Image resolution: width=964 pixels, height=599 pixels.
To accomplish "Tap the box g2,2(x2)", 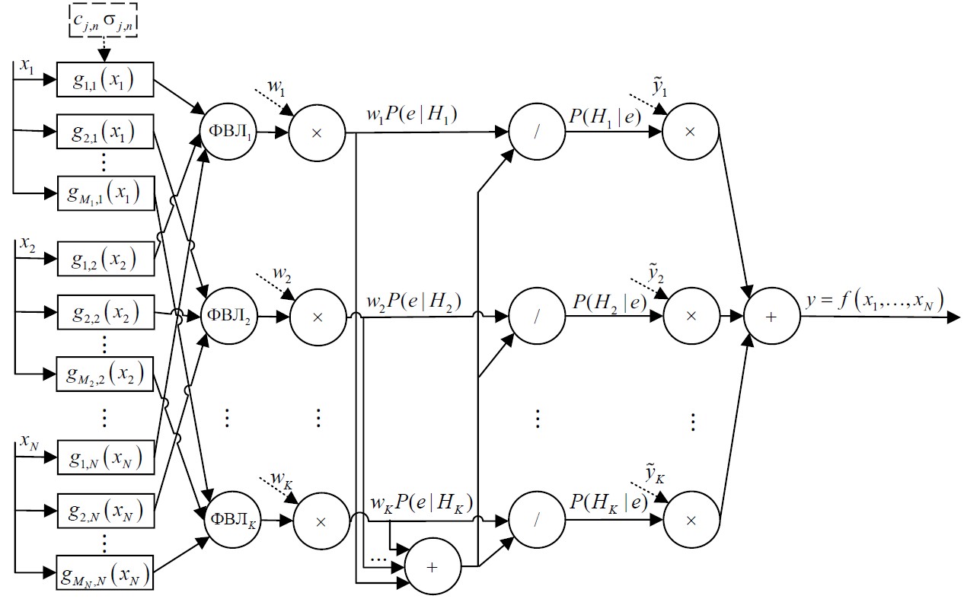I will (x=104, y=312).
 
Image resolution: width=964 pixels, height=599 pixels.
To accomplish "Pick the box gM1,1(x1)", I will (x=104, y=193).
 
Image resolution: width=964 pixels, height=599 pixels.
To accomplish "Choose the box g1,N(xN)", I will (x=104, y=459).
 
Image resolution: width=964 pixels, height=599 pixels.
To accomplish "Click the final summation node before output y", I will (x=771, y=317).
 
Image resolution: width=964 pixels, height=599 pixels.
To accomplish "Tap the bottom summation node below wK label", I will (x=433, y=568).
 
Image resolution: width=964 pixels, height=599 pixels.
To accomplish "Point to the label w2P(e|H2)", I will (x=413, y=299).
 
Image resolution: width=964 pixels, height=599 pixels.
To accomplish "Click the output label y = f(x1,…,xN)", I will (x=874, y=301).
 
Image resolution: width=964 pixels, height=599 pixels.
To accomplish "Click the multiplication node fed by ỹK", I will (x=691, y=521).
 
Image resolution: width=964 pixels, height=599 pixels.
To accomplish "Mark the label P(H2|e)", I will (x=610, y=301).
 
